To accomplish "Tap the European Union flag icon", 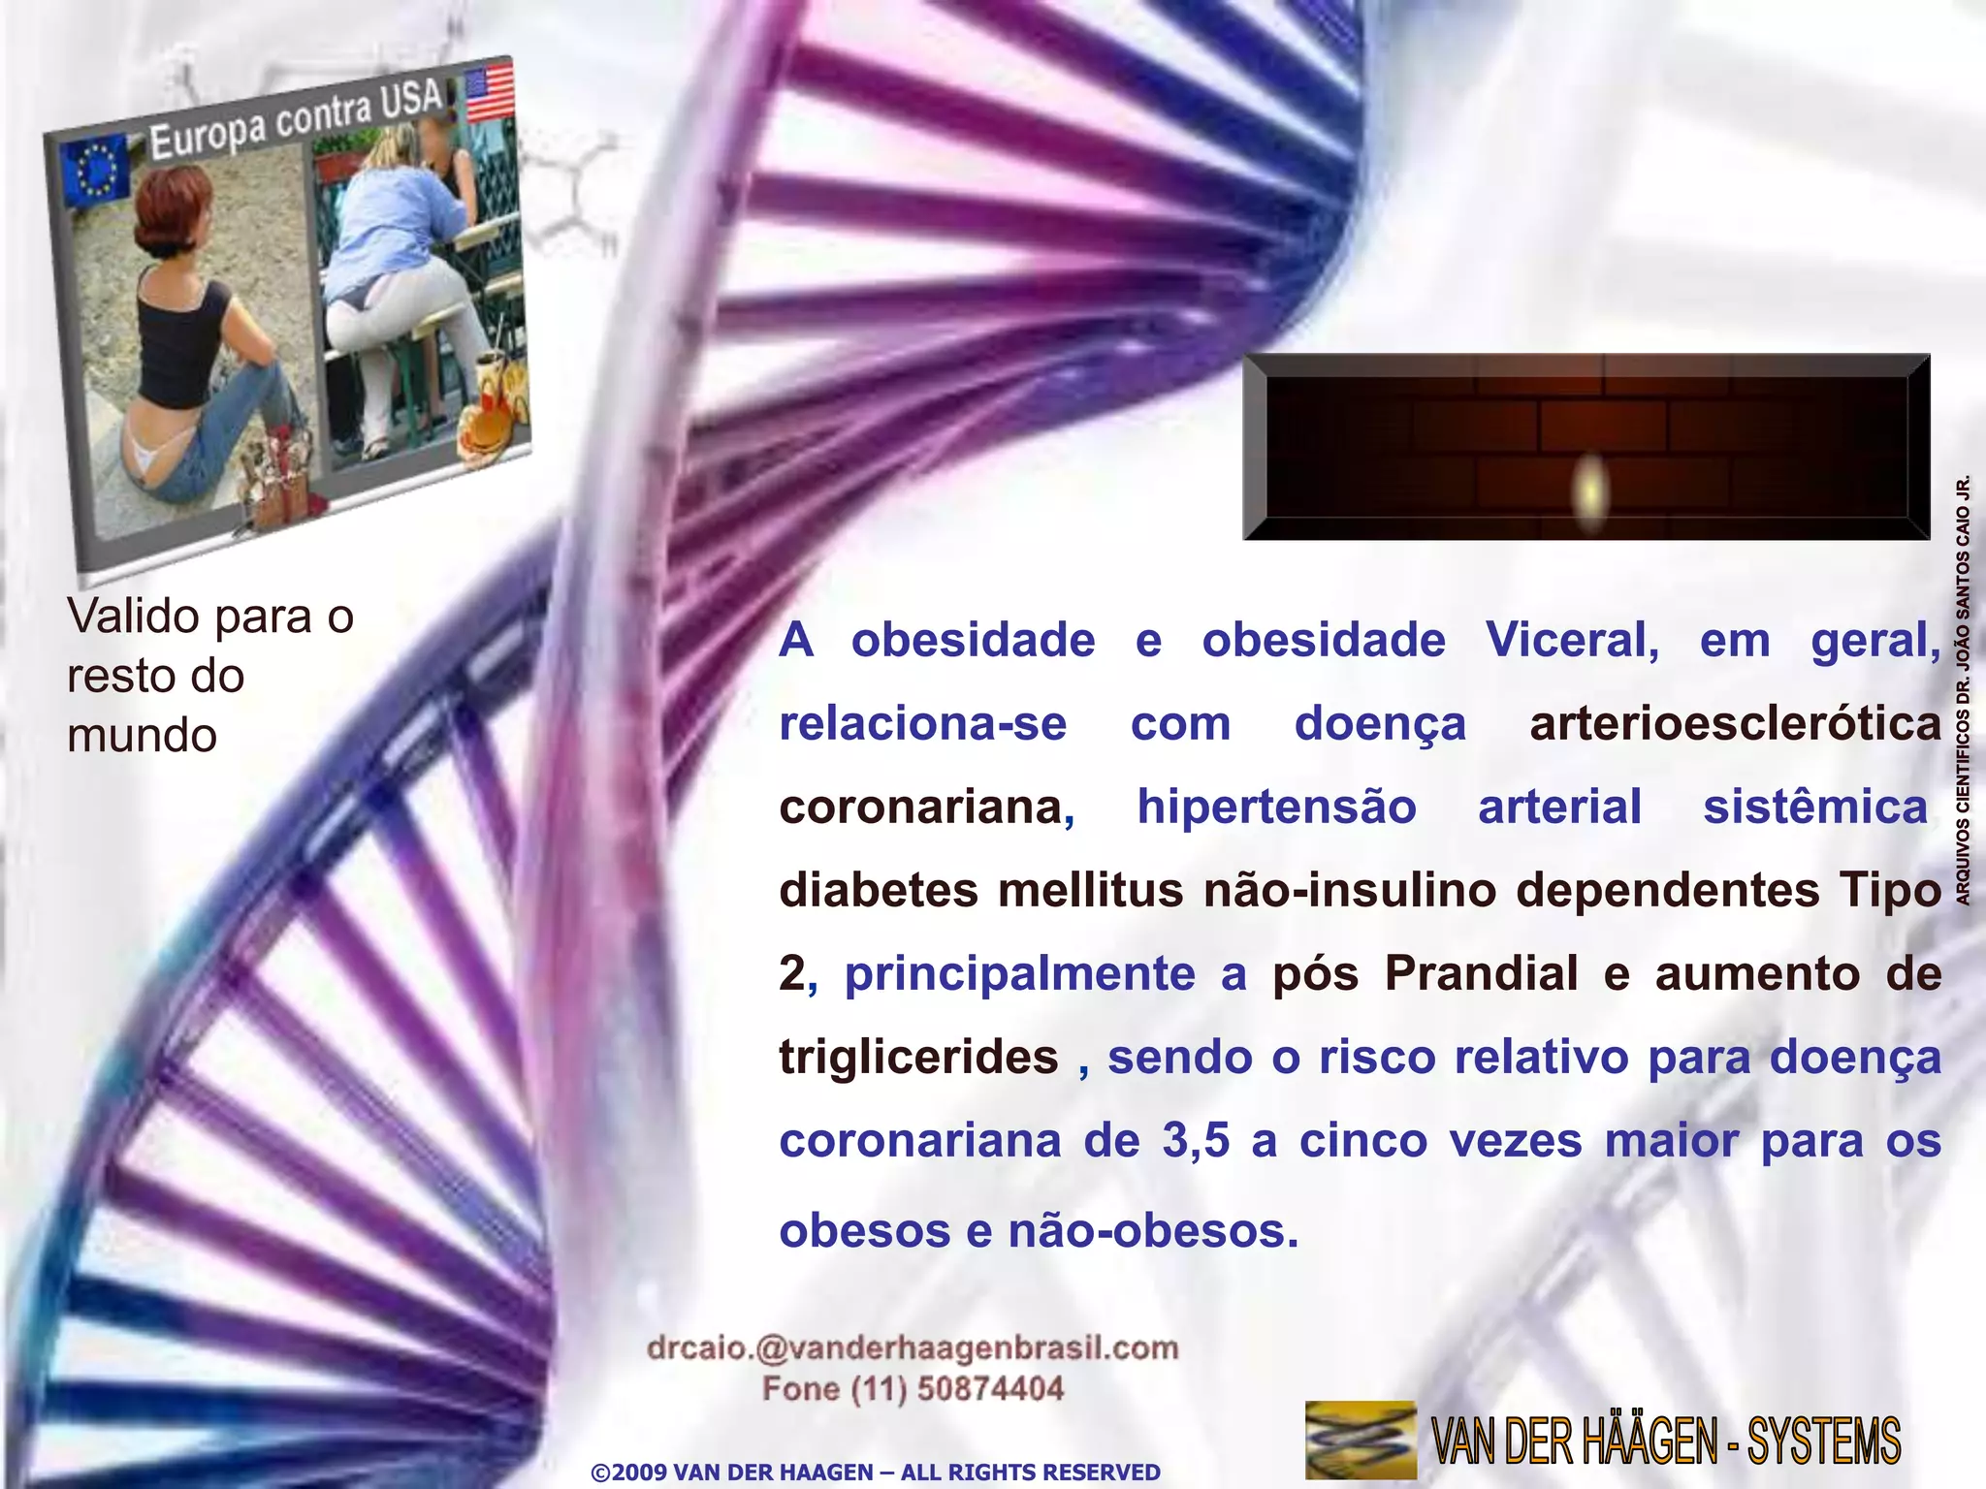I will click(x=95, y=172).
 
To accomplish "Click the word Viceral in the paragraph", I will click(x=1572, y=640).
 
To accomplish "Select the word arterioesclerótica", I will click(x=1735, y=723).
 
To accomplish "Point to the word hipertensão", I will click(x=1276, y=807).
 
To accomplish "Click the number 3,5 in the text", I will click(x=1196, y=1140).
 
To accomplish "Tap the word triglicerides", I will click(x=918, y=1057).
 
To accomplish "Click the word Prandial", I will click(x=1481, y=973).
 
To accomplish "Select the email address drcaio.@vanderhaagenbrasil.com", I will click(x=913, y=1347).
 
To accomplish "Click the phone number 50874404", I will click(x=990, y=1389).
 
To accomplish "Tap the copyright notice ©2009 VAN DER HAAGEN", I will click(x=875, y=1472).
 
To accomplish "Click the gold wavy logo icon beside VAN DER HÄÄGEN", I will click(x=1360, y=1440).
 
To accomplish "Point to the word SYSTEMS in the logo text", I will click(x=1823, y=1441).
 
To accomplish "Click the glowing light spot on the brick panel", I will click(x=1589, y=488).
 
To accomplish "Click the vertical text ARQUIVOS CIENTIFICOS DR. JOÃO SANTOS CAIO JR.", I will click(x=1963, y=690).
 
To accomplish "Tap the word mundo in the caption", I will click(x=142, y=735).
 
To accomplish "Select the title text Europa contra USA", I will click(x=296, y=122).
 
